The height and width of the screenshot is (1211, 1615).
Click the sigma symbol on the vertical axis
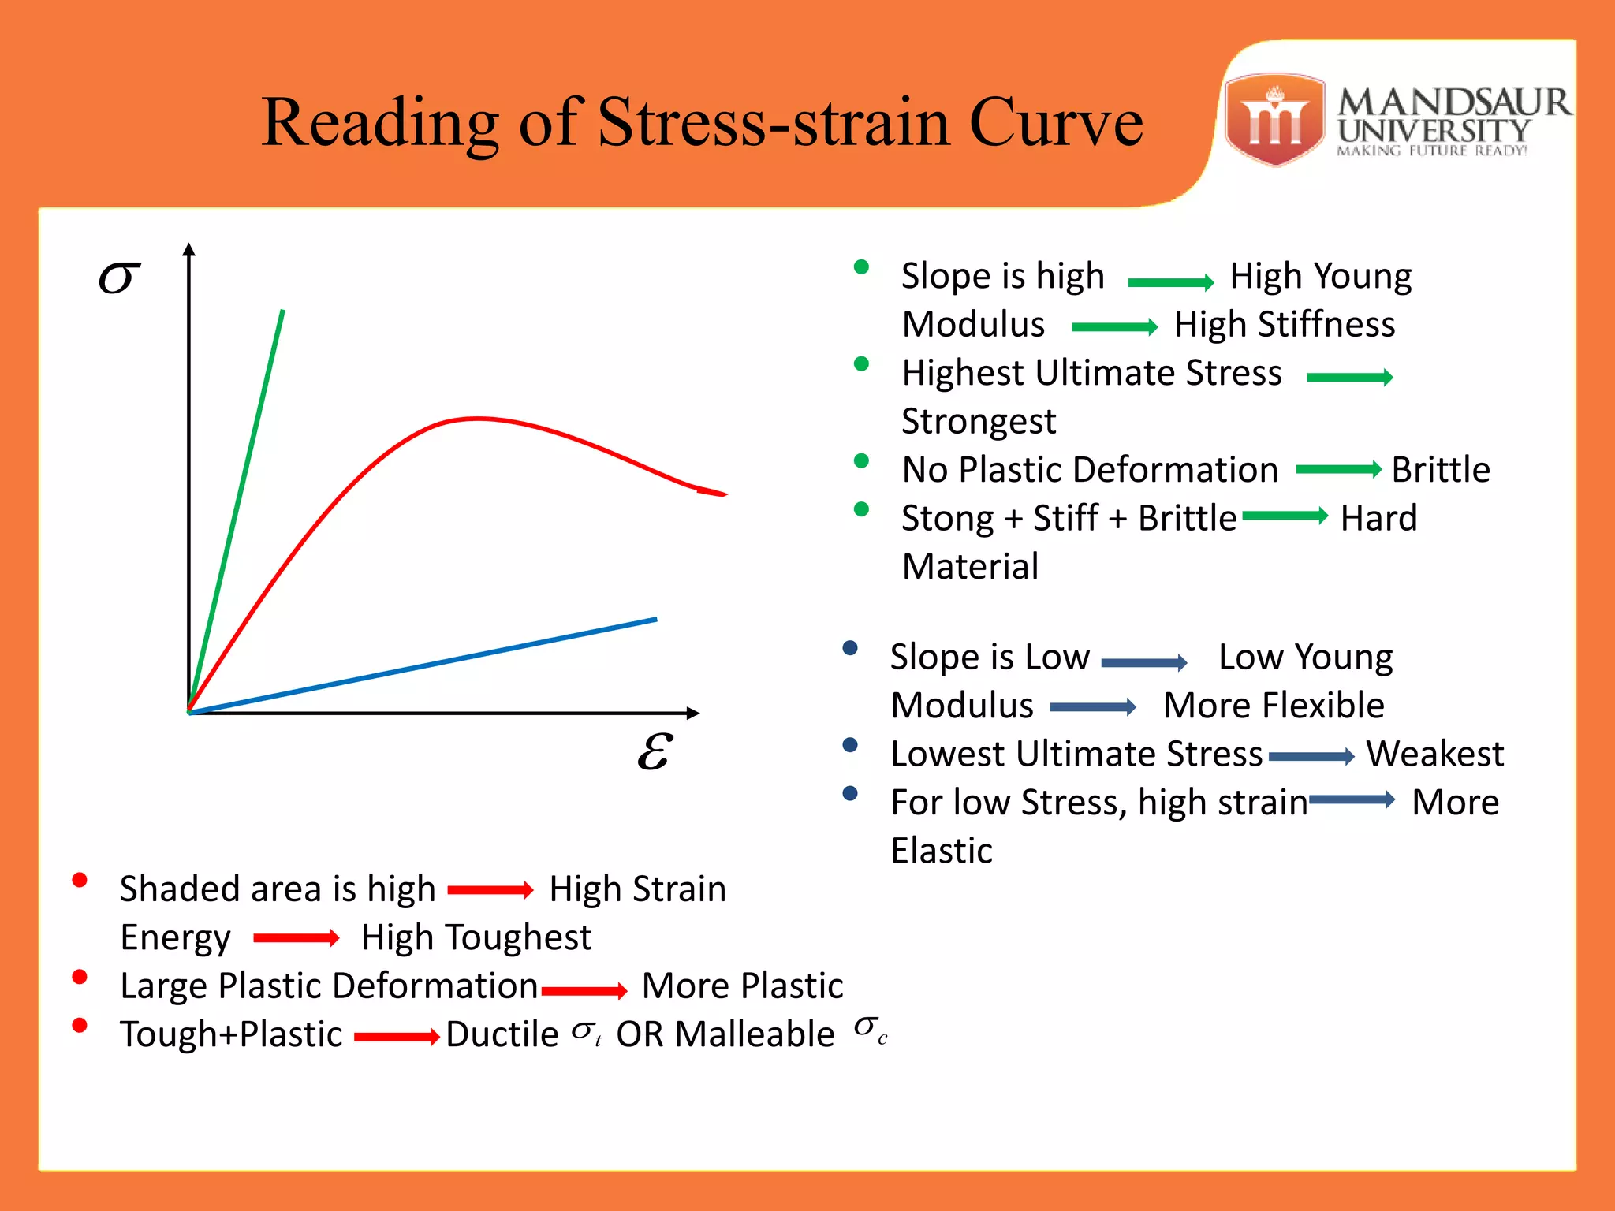tap(119, 278)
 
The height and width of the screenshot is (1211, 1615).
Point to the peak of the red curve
tap(477, 418)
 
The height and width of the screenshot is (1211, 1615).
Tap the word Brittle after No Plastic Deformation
tap(1441, 470)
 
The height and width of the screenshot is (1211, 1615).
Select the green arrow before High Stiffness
tap(1114, 326)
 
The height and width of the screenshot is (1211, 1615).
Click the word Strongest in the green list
tap(979, 422)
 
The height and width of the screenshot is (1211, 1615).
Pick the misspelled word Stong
tap(947, 520)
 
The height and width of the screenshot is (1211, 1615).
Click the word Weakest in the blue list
tap(1435, 754)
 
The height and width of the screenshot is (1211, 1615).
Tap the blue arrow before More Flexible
tap(1093, 707)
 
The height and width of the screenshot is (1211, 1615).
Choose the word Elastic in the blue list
tap(942, 851)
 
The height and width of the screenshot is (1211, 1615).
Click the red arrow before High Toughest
tap(296, 938)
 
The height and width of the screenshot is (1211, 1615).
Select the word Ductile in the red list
tap(502, 1034)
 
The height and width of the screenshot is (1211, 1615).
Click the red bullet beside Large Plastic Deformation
tap(80, 977)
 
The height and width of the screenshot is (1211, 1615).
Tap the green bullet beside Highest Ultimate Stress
tap(861, 364)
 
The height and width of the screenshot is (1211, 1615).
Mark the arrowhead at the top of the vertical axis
tap(188, 249)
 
